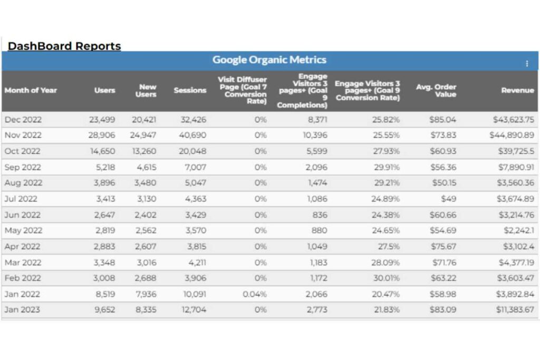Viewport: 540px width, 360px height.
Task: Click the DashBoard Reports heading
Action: [x=64, y=46]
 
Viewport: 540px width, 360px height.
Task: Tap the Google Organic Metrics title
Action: [x=269, y=60]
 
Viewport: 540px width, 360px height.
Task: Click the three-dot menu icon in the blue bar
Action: [x=526, y=64]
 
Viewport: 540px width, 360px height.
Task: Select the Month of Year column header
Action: [x=31, y=90]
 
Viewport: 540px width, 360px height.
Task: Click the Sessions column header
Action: [x=190, y=90]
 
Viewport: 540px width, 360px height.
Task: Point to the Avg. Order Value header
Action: [x=436, y=91]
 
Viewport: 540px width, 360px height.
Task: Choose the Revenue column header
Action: [x=517, y=90]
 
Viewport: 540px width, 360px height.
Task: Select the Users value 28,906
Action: [x=102, y=135]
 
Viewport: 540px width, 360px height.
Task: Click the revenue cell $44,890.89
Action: [x=512, y=135]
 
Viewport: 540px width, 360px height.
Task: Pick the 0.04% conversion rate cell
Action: [x=255, y=294]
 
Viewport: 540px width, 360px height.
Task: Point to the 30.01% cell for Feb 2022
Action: [x=387, y=278]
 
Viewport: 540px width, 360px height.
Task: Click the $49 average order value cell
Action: [x=447, y=199]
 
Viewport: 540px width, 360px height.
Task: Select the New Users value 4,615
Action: [x=144, y=167]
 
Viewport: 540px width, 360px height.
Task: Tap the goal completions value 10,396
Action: [x=315, y=135]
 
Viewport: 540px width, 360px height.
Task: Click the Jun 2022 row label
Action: [x=22, y=215]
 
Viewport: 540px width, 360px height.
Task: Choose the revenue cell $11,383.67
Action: [x=515, y=309]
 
